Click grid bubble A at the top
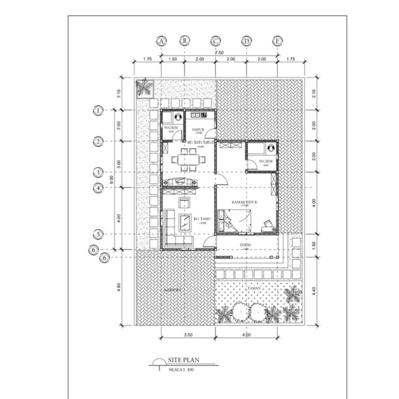click(162, 40)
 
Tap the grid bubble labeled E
click(278, 40)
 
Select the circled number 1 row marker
click(97, 110)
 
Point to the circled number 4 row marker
click(97, 188)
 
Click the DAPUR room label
click(198, 130)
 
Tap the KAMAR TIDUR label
click(244, 201)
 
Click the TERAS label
click(245, 243)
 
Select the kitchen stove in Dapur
click(202, 114)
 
